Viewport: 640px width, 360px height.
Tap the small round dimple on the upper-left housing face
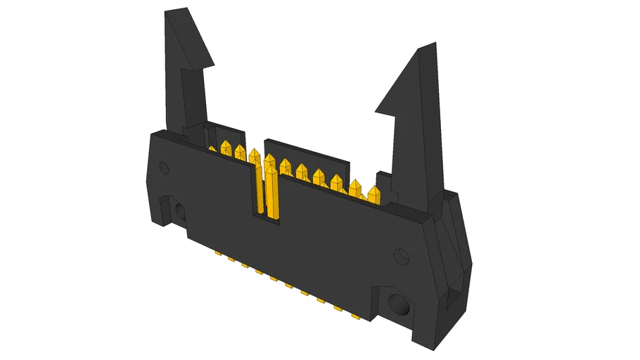[x=165, y=168]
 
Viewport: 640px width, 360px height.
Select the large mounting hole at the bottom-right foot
[x=399, y=305]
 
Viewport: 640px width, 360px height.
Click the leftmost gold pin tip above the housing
[x=212, y=149]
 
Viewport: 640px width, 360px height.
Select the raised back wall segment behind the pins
[x=302, y=151]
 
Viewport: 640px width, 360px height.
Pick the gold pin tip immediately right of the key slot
[x=286, y=166]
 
